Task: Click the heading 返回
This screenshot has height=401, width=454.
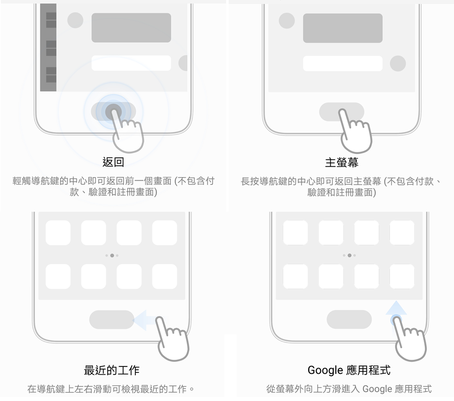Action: pyautogui.click(x=113, y=162)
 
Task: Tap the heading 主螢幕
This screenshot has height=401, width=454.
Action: pyautogui.click(x=342, y=162)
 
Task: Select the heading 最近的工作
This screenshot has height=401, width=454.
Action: pyautogui.click(x=112, y=370)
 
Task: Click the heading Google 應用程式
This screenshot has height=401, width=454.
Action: pyautogui.click(x=349, y=370)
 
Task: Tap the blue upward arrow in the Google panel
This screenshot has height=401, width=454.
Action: pyautogui.click(x=396, y=309)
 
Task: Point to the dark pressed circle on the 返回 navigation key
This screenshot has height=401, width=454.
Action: pyautogui.click(x=113, y=111)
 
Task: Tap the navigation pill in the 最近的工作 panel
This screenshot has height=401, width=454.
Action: pyautogui.click(x=112, y=320)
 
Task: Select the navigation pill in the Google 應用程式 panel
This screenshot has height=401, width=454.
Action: pyautogui.click(x=349, y=320)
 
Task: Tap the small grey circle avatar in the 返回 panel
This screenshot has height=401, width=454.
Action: pyautogui.click(x=75, y=20)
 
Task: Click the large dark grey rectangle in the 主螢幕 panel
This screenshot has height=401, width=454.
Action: pyautogui.click(x=343, y=28)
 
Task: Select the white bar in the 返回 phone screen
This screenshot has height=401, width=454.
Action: pyautogui.click(x=131, y=63)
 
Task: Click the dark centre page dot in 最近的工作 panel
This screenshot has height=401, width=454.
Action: pyautogui.click(x=112, y=255)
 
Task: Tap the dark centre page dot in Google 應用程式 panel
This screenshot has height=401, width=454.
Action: pyautogui.click(x=350, y=255)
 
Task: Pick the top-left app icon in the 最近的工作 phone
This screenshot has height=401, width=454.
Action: pyautogui.click(x=58, y=233)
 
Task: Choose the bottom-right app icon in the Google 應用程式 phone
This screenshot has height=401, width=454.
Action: pyautogui.click(x=402, y=276)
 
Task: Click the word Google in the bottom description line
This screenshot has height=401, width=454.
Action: pyautogui.click(x=377, y=389)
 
